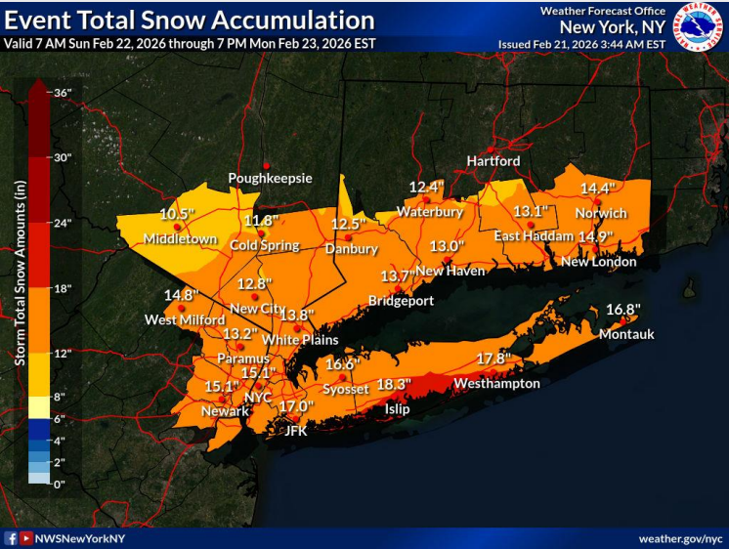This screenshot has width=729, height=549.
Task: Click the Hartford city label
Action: (x=493, y=161)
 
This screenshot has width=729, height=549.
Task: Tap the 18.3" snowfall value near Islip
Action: (x=394, y=384)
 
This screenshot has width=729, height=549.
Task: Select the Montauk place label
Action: (x=626, y=334)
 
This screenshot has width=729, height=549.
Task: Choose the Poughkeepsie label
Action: (x=270, y=179)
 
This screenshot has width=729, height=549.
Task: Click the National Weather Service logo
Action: (x=698, y=26)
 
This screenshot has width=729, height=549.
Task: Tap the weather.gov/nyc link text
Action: (x=680, y=538)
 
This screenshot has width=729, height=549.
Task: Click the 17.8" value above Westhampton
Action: (x=493, y=359)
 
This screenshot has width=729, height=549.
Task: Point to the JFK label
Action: (x=295, y=430)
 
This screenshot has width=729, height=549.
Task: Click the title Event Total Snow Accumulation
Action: (x=190, y=21)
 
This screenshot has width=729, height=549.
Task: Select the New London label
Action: (x=598, y=262)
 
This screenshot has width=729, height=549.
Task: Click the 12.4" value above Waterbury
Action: (x=426, y=188)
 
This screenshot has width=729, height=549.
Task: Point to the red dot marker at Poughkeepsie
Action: (x=266, y=164)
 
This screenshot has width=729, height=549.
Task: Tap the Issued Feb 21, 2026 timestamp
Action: (x=581, y=44)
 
